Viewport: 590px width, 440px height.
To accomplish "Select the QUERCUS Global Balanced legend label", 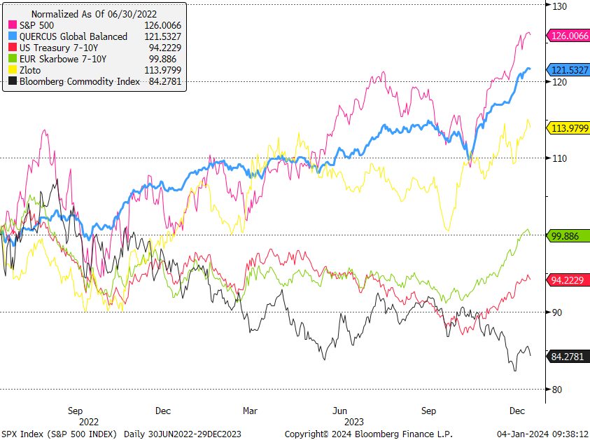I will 73,36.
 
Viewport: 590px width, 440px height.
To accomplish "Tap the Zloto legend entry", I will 30,70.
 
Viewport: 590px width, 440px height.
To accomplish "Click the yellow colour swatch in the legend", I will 13,70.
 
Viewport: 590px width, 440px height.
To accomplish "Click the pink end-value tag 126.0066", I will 569,35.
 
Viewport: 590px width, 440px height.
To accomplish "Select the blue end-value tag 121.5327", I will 569,69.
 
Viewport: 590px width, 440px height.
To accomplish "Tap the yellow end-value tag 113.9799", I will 569,128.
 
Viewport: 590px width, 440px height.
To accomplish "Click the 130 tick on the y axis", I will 558,6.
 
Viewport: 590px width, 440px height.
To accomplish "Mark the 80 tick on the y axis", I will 556,390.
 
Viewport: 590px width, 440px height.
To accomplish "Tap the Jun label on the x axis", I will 339,411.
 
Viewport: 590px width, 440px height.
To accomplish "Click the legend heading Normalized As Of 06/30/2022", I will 94,13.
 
